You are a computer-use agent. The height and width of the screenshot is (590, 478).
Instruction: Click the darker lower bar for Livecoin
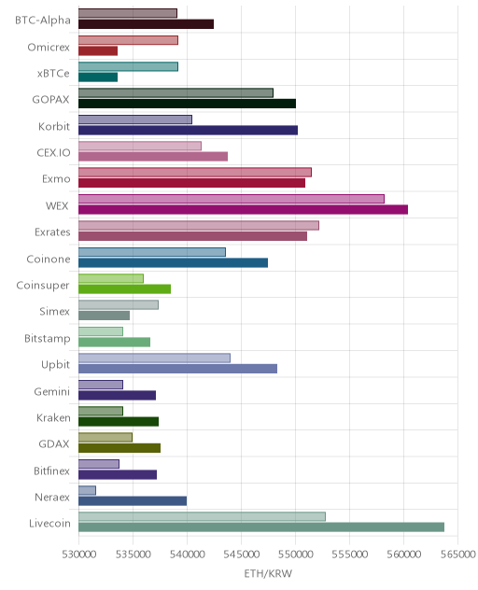pyautogui.click(x=261, y=527)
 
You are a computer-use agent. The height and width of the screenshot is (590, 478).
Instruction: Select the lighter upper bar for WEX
pyautogui.click(x=232, y=199)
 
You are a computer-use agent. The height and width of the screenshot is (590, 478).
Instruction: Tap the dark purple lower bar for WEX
pyautogui.click(x=243, y=210)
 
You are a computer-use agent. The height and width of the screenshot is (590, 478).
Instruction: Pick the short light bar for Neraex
pyautogui.click(x=88, y=490)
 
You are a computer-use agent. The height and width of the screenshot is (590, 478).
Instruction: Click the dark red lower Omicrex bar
pyautogui.click(x=98, y=50)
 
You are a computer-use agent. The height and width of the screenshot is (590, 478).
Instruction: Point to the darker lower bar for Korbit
pyautogui.click(x=189, y=130)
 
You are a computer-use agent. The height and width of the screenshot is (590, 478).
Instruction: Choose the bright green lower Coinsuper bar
pyautogui.click(x=124, y=289)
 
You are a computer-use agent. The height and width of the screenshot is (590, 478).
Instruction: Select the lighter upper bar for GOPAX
pyautogui.click(x=176, y=92)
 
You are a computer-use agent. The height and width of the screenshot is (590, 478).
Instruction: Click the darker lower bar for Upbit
pyautogui.click(x=177, y=369)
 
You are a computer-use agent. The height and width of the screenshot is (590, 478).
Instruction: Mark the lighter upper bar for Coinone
pyautogui.click(x=152, y=252)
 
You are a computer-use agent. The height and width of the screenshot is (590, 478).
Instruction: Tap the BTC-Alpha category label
pyautogui.click(x=43, y=20)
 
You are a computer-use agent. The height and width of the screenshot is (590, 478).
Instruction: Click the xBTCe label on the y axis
pyautogui.click(x=53, y=73)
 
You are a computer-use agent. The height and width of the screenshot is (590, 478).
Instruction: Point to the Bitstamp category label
pyautogui.click(x=48, y=339)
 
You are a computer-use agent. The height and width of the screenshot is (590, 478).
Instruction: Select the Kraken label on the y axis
pyautogui.click(x=53, y=417)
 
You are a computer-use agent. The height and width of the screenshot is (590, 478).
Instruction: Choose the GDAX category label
pyautogui.click(x=54, y=444)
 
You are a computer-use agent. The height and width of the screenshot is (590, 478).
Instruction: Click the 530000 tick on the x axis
pyautogui.click(x=79, y=555)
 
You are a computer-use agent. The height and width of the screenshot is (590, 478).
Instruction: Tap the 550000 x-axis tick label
pyautogui.click(x=295, y=555)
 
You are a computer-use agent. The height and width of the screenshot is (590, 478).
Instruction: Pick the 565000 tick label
pyautogui.click(x=458, y=555)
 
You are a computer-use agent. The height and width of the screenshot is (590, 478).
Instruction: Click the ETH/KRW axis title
pyautogui.click(x=268, y=573)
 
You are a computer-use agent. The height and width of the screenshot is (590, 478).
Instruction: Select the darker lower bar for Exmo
pyautogui.click(x=192, y=183)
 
